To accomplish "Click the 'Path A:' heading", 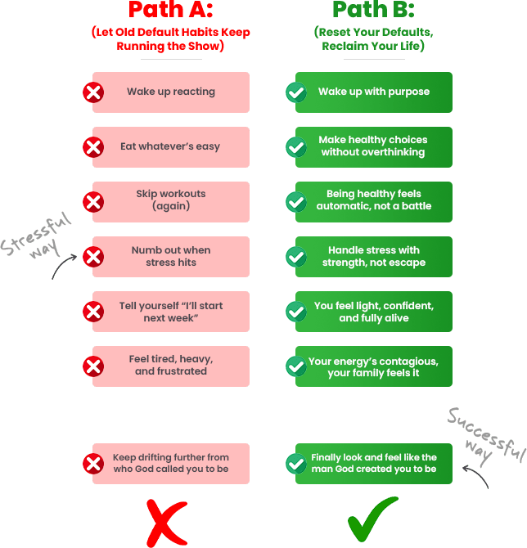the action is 171,9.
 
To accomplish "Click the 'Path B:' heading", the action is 373,9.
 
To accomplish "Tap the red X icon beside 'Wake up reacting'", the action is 93,92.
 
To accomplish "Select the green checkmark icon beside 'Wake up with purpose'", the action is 296,92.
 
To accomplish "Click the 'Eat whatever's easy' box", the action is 171,147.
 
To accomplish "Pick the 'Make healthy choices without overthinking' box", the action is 374,147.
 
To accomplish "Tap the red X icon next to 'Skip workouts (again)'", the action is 93,202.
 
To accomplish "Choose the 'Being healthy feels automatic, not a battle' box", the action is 374,202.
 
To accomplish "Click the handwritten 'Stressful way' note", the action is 36,236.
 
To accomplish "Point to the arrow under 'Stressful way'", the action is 61,264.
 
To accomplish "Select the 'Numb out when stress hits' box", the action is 171,257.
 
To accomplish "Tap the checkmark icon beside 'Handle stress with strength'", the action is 296,257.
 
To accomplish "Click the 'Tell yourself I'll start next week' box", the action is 171,312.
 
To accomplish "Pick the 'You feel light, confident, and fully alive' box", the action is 374,312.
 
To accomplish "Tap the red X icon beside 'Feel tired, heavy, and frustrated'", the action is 93,366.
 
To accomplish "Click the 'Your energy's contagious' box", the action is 374,366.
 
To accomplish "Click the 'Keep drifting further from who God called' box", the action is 171,464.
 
